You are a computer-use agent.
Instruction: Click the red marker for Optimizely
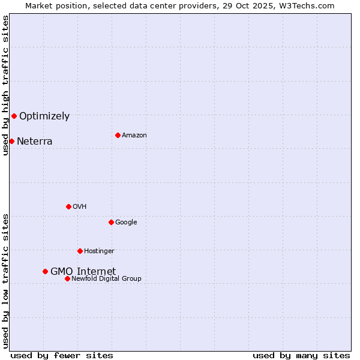14,116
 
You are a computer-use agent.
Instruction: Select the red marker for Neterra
11,141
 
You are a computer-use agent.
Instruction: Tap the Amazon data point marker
118,135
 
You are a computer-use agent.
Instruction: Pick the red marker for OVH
68,206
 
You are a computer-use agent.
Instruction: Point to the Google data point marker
111,222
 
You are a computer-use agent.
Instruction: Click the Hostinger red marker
80,251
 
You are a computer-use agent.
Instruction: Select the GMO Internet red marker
45,271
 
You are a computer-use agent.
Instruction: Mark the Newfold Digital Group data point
67,278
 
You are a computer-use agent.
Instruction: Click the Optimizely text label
44,116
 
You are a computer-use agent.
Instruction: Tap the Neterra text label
34,142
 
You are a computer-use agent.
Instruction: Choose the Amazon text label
134,136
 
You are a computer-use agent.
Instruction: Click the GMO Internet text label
83,271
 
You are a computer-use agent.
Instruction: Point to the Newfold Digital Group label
106,278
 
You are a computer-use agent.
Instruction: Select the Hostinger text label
99,251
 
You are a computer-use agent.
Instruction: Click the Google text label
126,223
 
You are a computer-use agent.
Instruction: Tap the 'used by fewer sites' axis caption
62,355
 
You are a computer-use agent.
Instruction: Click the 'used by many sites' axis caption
301,355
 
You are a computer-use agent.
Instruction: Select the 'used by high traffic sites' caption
5,85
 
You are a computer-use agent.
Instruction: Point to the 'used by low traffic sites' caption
5,281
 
